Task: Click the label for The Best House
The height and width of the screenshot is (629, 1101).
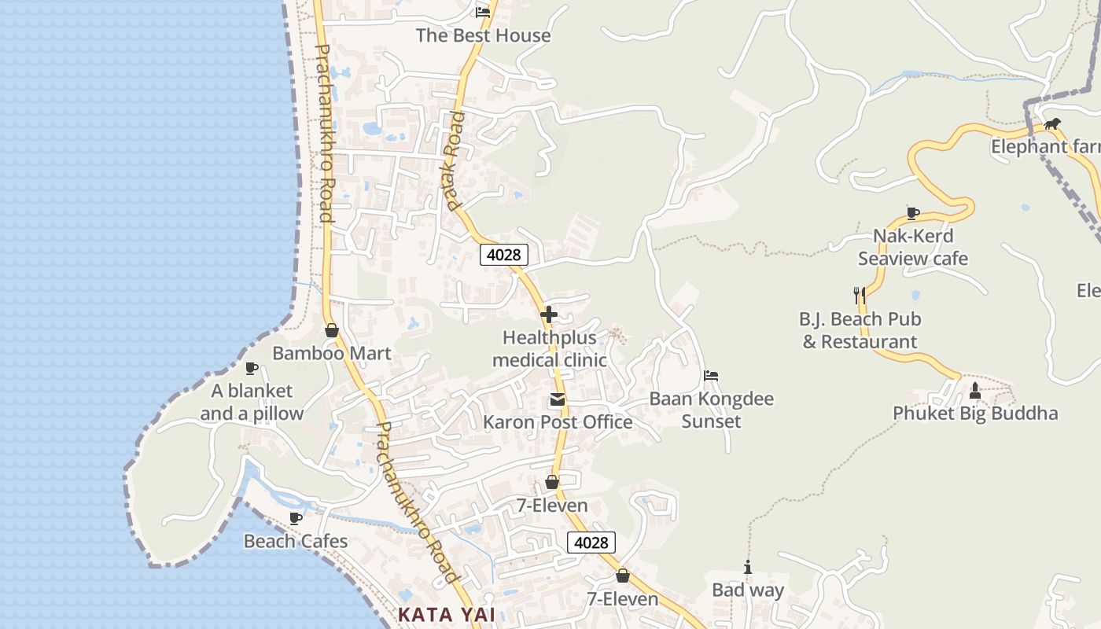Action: click(483, 35)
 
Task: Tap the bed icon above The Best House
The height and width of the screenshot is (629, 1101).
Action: click(483, 12)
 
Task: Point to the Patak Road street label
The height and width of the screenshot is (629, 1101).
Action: click(454, 161)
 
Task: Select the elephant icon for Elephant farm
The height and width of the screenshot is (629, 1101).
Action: click(1052, 124)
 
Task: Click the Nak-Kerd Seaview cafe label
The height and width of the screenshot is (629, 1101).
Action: click(913, 247)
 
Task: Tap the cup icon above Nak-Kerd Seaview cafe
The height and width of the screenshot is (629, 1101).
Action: click(913, 212)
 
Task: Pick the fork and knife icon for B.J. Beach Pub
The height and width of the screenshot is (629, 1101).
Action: click(860, 296)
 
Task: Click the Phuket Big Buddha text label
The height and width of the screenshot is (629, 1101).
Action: click(975, 414)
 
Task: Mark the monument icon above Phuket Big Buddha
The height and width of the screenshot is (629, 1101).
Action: click(975, 390)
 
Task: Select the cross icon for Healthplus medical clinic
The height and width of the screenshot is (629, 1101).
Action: click(549, 314)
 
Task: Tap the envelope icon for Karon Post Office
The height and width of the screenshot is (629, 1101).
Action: click(558, 399)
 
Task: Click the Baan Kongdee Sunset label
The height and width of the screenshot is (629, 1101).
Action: click(711, 410)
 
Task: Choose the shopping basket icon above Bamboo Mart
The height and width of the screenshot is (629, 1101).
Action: click(332, 330)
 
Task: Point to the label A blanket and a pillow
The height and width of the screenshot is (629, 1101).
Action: click(252, 402)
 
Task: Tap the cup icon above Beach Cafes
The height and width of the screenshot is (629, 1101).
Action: click(296, 518)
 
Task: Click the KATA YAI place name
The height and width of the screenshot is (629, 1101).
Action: click(447, 615)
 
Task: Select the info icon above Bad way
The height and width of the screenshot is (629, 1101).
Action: click(747, 567)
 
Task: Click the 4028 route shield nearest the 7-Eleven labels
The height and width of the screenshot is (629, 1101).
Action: click(591, 543)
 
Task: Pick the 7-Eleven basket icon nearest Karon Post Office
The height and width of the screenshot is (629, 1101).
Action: click(552, 482)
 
